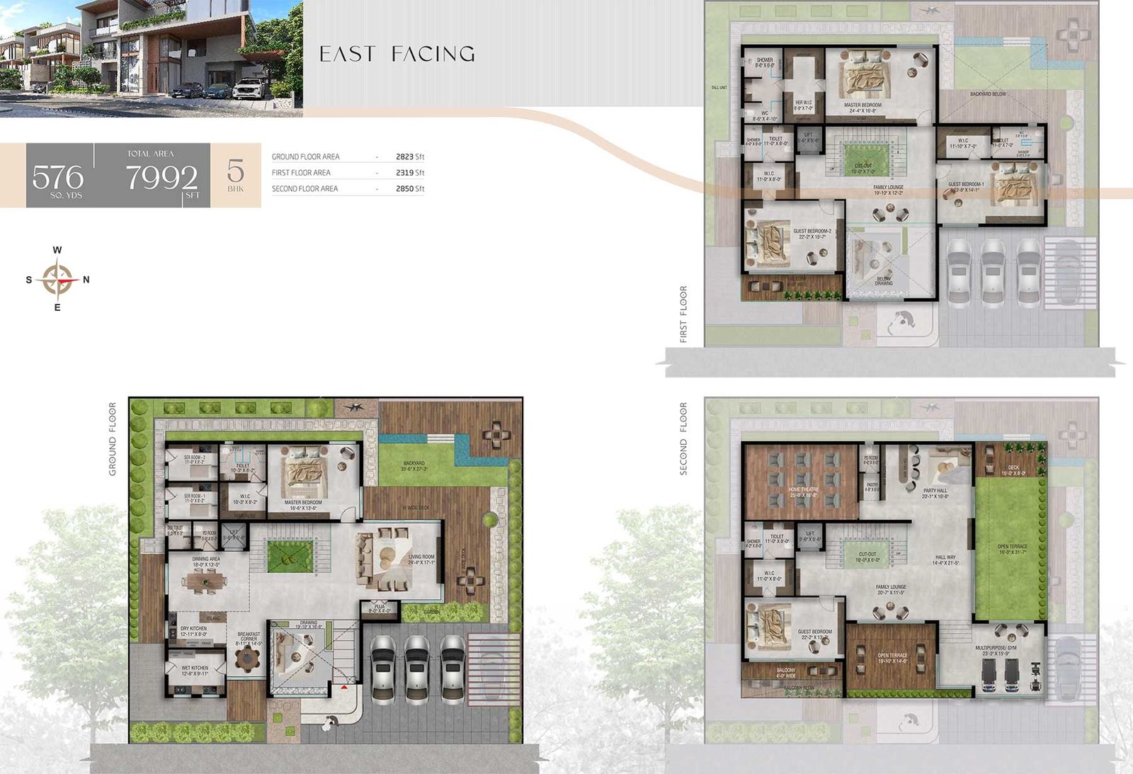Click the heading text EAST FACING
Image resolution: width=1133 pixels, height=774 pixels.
tap(397, 54)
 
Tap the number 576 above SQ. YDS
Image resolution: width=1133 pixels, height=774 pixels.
tap(58, 177)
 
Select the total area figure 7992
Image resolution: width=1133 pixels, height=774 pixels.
tap(161, 177)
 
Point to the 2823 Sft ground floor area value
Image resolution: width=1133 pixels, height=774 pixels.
tap(410, 156)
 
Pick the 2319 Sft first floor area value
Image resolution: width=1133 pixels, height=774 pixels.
tap(410, 173)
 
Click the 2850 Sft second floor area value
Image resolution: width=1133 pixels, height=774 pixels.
tap(410, 189)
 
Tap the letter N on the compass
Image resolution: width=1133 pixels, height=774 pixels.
tap(86, 280)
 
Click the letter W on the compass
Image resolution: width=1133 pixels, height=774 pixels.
tap(57, 250)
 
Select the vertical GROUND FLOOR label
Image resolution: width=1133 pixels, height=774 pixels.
tap(113, 439)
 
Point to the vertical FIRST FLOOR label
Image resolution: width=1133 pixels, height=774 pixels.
tap(683, 314)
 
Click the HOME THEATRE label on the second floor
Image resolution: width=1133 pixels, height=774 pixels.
tap(804, 489)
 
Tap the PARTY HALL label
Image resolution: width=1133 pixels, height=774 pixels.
tap(935, 491)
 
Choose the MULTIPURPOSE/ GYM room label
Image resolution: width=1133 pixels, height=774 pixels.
tap(996, 648)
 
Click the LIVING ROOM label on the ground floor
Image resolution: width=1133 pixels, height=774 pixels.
tap(421, 557)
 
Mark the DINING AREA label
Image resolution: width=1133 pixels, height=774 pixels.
tap(206, 559)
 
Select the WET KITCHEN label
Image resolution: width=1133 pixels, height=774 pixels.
tap(195, 668)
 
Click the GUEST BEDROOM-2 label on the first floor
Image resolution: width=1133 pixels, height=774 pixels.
tap(812, 232)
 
